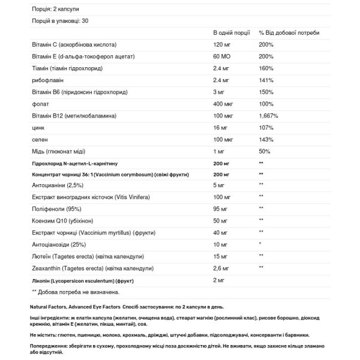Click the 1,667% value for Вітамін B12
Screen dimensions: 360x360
[x=268, y=115]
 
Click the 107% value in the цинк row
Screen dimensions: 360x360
[x=266, y=127]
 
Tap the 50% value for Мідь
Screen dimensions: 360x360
[x=265, y=151]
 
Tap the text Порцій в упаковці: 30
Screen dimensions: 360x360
[x=59, y=21]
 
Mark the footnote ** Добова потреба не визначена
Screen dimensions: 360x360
[x=75, y=292]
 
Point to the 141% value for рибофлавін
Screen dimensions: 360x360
[x=266, y=80]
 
